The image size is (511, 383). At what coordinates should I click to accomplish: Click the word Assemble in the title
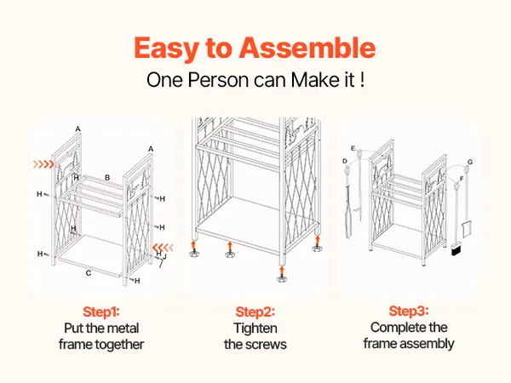[307, 48]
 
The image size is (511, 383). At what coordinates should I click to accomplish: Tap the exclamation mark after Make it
[363, 80]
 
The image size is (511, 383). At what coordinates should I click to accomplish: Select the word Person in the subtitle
[218, 80]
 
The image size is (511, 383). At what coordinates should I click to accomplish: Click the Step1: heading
[101, 312]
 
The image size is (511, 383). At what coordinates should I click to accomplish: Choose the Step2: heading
[255, 312]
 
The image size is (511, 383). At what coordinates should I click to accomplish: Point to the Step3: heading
[409, 311]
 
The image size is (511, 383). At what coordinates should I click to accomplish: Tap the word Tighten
[255, 329]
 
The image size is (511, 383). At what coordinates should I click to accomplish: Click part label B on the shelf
[107, 178]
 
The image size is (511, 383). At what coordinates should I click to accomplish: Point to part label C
[89, 273]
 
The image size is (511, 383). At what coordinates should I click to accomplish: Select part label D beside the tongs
[345, 161]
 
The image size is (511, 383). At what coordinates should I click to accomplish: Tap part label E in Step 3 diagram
[353, 148]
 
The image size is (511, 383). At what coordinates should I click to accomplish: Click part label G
[470, 162]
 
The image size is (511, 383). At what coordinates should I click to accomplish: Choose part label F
[462, 179]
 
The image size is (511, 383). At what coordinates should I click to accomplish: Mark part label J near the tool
[164, 257]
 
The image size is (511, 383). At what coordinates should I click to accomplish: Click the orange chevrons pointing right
[43, 164]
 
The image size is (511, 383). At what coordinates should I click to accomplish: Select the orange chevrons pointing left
[163, 248]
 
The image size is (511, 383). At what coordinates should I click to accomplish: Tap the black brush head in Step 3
[456, 250]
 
